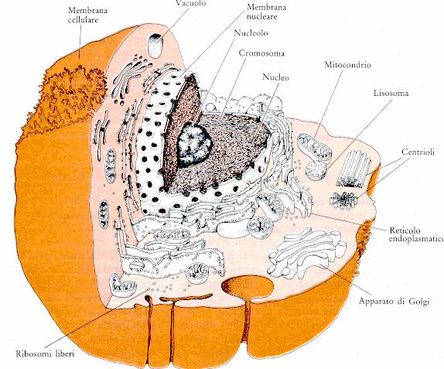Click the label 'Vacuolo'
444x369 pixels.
point(190,3)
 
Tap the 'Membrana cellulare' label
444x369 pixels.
point(87,15)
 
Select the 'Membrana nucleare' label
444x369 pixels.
point(266,12)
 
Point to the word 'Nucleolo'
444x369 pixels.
point(251,32)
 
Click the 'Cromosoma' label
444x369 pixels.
point(261,53)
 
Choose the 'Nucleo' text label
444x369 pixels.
point(275,77)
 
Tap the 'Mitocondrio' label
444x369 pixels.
point(347,64)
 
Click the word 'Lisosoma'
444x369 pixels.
point(391,93)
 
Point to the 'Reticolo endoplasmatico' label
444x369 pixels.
point(416,234)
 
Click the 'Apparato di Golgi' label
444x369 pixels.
point(394,301)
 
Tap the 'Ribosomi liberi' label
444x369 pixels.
point(45,354)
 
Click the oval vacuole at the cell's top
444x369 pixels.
point(155,46)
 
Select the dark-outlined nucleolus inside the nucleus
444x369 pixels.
point(194,144)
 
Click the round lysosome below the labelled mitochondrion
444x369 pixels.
point(316,170)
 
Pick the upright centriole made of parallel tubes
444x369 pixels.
point(354,169)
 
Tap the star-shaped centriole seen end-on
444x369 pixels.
point(344,200)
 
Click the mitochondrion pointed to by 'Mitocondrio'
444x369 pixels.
point(314,147)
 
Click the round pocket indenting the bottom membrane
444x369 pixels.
point(248,287)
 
